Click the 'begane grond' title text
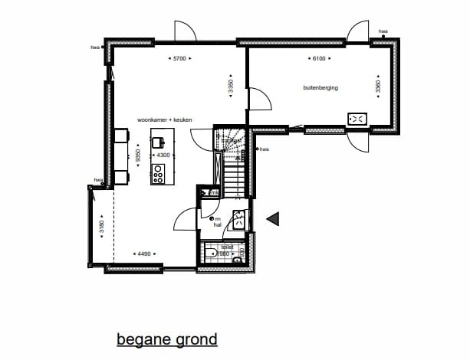click(166, 339)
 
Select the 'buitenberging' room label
click(320, 88)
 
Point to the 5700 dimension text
click(179, 58)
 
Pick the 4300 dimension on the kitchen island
click(162, 155)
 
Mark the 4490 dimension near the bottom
click(143, 254)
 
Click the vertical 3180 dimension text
click(100, 227)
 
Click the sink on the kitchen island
click(159, 142)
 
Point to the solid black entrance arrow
click(271, 219)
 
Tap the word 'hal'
click(217, 226)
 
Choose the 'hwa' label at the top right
click(383, 31)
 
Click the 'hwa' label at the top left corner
click(96, 47)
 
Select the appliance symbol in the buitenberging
click(358, 119)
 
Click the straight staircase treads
click(235, 172)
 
